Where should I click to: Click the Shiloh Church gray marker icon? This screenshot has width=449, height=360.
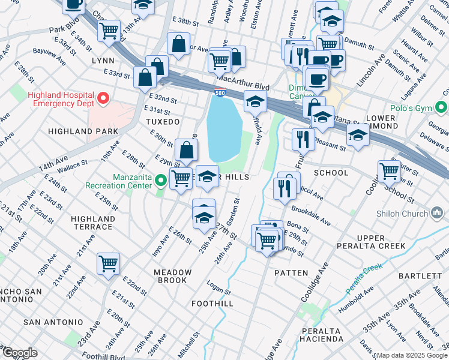point(438,214)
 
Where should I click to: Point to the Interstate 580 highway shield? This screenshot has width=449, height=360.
point(220,92)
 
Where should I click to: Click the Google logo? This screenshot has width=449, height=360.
point(20,353)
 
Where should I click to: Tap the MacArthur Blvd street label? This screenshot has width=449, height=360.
point(243,79)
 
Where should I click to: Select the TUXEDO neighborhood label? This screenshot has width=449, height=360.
point(163,122)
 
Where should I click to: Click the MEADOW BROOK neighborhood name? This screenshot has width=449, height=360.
point(173,277)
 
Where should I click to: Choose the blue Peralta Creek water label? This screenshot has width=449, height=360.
point(363,275)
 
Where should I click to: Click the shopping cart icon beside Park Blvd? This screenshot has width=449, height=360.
point(109,31)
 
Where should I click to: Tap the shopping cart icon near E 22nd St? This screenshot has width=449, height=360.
point(108,263)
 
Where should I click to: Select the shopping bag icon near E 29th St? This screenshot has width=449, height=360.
point(187,150)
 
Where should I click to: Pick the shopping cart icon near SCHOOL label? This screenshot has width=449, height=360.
point(389,171)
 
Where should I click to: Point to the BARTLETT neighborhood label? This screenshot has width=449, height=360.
point(429,276)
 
